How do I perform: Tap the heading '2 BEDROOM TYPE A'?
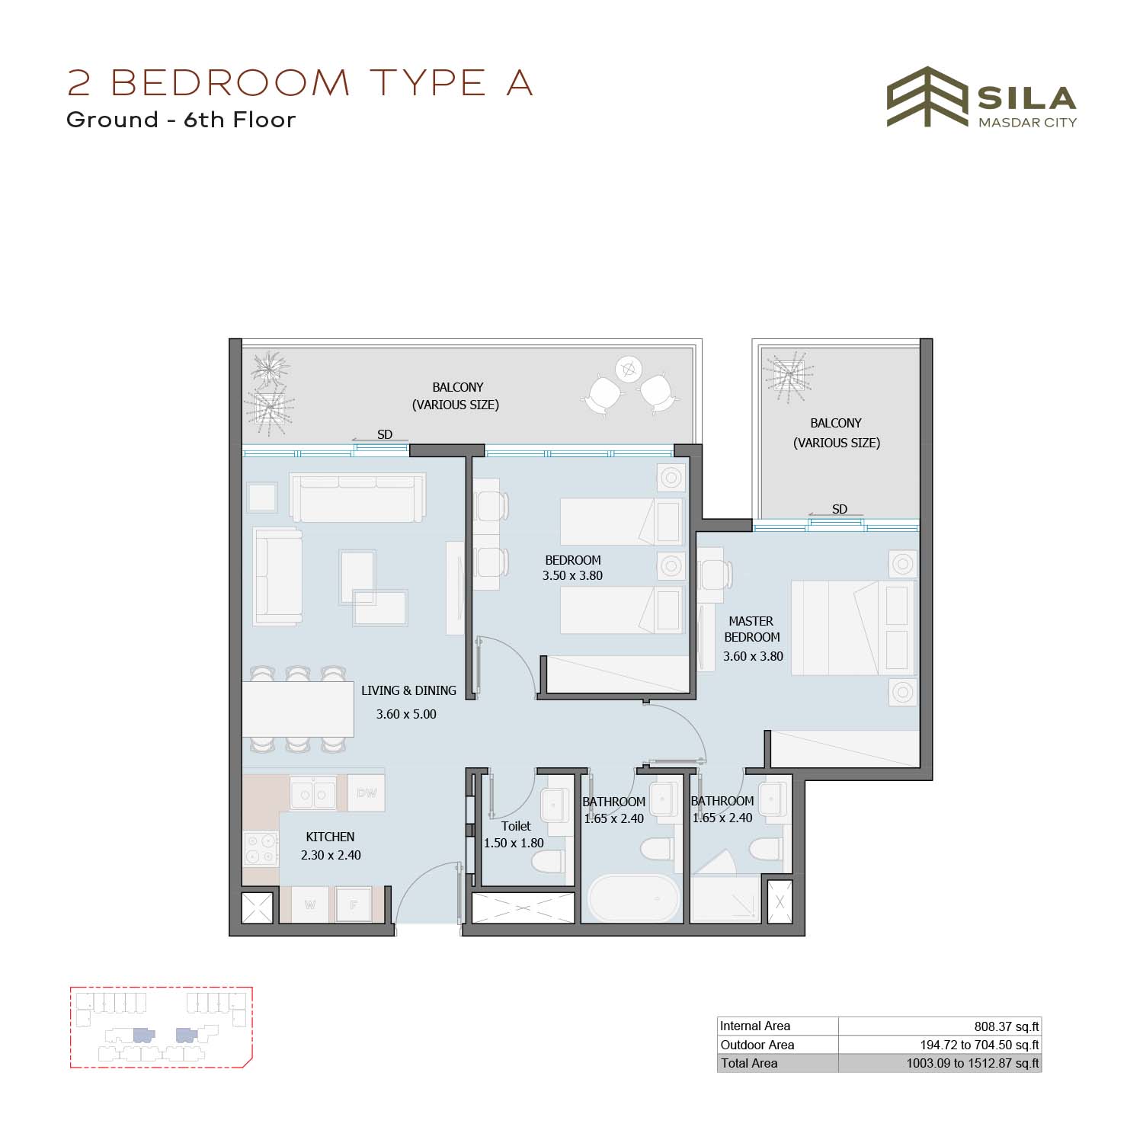pyautogui.click(x=299, y=82)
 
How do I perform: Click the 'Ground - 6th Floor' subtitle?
pyautogui.click(x=181, y=120)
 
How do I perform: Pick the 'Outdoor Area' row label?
pyautogui.click(x=757, y=1045)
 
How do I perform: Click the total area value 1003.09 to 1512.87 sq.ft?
pyautogui.click(x=972, y=1063)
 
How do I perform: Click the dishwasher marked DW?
pyautogui.click(x=367, y=793)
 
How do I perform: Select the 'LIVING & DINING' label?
pyautogui.click(x=408, y=690)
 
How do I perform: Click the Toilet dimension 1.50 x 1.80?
pyautogui.click(x=514, y=843)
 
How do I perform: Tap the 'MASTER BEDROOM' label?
pyautogui.click(x=751, y=629)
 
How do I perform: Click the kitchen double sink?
pyautogui.click(x=313, y=794)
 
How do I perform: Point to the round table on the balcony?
pyautogui.click(x=629, y=370)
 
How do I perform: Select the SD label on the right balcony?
pyautogui.click(x=839, y=509)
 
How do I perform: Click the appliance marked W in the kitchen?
pyautogui.click(x=310, y=905)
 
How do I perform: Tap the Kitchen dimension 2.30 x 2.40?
pyautogui.click(x=331, y=855)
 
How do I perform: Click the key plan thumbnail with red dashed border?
pyautogui.click(x=161, y=1027)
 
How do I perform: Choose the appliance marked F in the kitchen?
pyautogui.click(x=354, y=905)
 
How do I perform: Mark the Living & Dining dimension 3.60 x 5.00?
pyautogui.click(x=406, y=715)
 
